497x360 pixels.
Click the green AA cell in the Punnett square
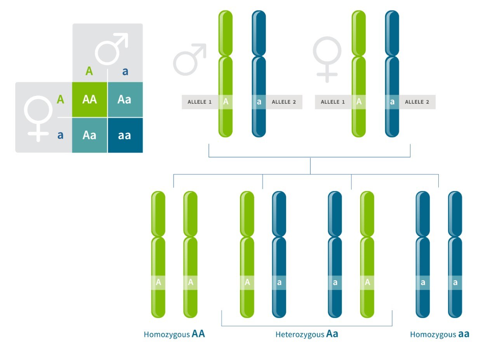[x=89, y=99]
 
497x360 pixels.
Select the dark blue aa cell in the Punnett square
[x=125, y=135]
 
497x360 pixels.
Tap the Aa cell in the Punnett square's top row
[x=125, y=99]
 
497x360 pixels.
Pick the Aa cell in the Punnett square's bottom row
[x=89, y=135]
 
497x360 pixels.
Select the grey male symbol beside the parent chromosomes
[x=189, y=60]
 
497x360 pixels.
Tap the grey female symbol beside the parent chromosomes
[x=327, y=58]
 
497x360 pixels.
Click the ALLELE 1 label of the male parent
[x=200, y=102]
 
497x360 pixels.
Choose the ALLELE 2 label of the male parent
[x=284, y=102]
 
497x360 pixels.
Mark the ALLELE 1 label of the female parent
[x=333, y=102]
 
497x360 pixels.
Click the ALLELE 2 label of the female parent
[x=417, y=102]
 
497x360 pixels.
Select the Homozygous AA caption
[x=174, y=334]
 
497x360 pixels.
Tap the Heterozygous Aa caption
[x=307, y=334]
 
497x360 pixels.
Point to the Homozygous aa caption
[x=440, y=334]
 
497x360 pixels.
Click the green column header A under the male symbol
[x=89, y=71]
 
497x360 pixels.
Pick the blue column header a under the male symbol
[x=125, y=71]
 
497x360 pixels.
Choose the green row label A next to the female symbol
[x=60, y=99]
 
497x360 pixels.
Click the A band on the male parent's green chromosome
[x=226, y=102]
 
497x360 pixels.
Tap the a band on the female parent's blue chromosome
[x=392, y=102]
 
